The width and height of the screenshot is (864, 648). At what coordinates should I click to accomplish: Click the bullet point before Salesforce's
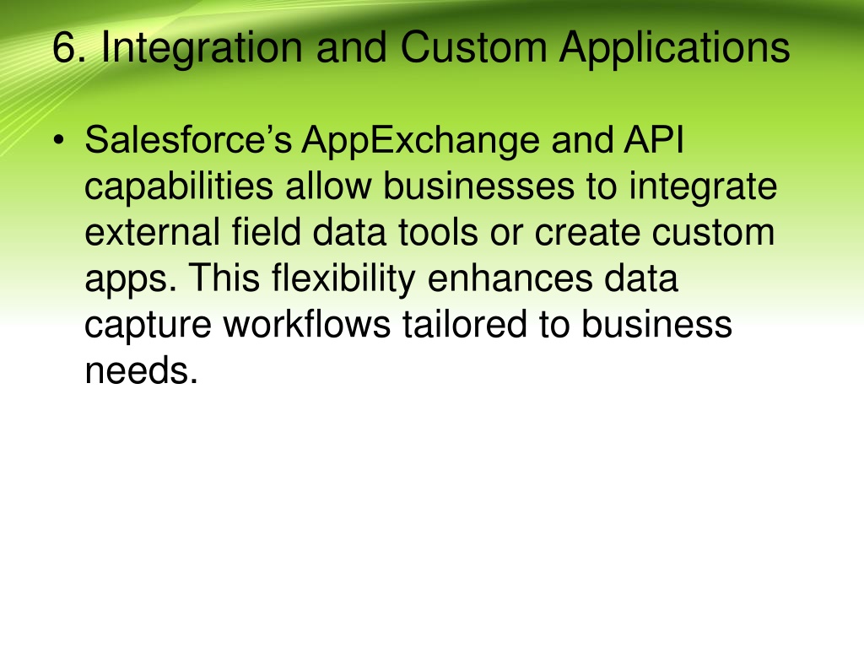pyautogui.click(x=58, y=141)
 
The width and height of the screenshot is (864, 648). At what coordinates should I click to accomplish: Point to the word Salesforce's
pyautogui.click(x=188, y=139)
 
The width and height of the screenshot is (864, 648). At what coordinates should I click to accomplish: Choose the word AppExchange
pyautogui.click(x=420, y=142)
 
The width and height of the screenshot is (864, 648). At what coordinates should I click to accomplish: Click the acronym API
pyautogui.click(x=654, y=139)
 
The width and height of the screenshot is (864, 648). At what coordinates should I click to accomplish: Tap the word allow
pyautogui.click(x=328, y=186)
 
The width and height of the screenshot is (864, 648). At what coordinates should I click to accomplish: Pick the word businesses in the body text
pyautogui.click(x=479, y=186)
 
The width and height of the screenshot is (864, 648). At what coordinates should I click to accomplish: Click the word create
pyautogui.click(x=587, y=233)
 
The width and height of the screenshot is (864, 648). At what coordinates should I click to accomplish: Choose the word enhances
pyautogui.click(x=510, y=278)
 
